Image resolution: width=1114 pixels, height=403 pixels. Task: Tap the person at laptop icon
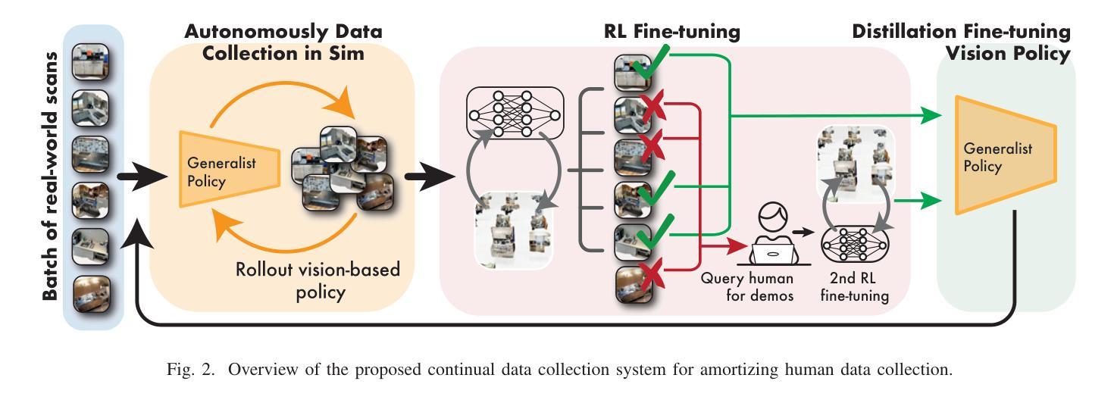766,238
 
